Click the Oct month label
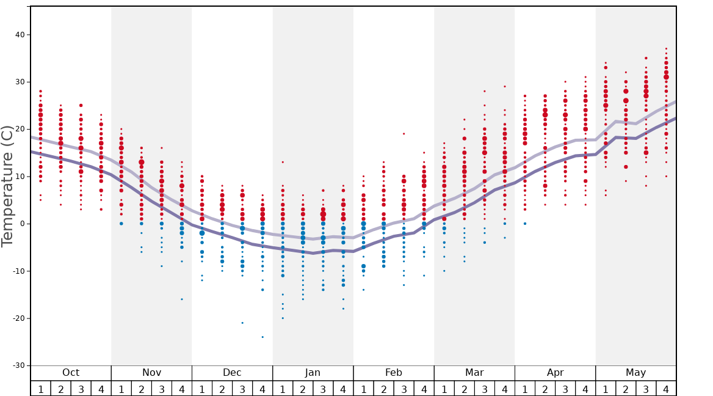[71, 373]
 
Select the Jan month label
[313, 373]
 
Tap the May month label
[635, 373]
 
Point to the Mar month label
[474, 373]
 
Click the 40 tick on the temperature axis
[20, 35]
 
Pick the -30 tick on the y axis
[18, 365]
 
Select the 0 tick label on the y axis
[23, 224]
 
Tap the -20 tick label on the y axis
[18, 318]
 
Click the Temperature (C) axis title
[7, 186]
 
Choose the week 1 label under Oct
[40, 389]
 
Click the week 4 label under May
[666, 389]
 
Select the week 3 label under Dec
[242, 389]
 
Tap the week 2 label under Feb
[383, 389]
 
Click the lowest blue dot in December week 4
[262, 337]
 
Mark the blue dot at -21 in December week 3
[242, 323]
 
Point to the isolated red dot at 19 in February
[404, 134]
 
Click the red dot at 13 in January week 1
[283, 162]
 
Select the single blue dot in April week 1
[525, 224]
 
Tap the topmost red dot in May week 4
[666, 48]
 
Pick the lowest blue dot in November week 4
[182, 299]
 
